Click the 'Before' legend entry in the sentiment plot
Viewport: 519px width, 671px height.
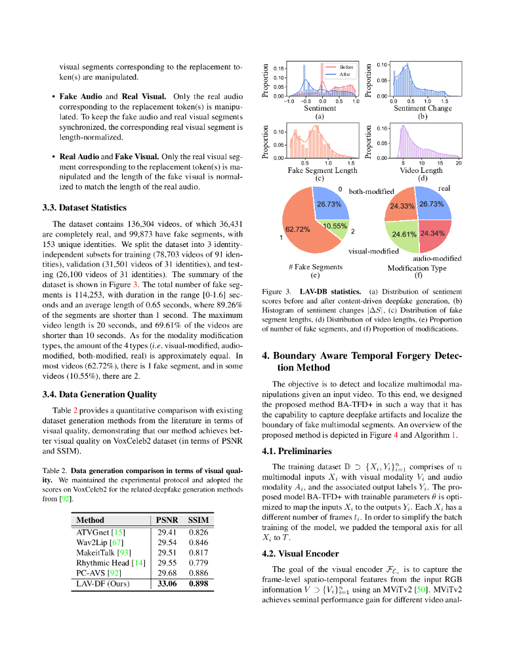346,67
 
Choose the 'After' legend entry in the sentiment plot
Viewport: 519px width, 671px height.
344,74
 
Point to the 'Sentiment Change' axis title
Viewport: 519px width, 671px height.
422,108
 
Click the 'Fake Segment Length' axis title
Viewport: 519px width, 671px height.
322,170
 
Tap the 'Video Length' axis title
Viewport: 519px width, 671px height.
422,170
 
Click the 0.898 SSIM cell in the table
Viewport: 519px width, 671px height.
198,583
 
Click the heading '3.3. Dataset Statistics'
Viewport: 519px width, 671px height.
84,208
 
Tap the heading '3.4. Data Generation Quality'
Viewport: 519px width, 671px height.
100,394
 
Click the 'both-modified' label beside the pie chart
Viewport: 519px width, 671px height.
371,192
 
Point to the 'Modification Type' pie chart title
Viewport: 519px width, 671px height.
417,268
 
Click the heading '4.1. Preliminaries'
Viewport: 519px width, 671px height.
297,451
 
